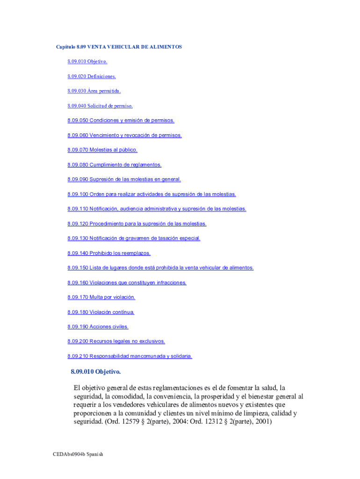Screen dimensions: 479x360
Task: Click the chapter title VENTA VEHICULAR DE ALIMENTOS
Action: pos(119,47)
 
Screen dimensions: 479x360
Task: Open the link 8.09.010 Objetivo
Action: pos(87,61)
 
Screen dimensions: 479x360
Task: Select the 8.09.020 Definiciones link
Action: pos(91,76)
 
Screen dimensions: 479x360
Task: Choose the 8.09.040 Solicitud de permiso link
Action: pos(100,106)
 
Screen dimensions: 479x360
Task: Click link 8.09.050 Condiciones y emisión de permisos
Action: pos(121,120)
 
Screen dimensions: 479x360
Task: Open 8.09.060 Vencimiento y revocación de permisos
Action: pos(124,135)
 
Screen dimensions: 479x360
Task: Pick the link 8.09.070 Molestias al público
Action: pos(102,150)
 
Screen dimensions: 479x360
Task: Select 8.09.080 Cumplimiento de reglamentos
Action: pos(114,165)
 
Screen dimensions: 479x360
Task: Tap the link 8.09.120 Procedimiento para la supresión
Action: pos(137,224)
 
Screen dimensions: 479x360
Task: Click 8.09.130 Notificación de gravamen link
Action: pos(134,238)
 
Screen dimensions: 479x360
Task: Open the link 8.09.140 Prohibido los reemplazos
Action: pos(109,253)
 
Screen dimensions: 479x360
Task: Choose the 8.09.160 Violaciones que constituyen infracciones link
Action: pos(127,283)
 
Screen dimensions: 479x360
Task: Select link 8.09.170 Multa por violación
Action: pos(101,297)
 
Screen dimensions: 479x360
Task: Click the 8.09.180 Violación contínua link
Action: pos(101,312)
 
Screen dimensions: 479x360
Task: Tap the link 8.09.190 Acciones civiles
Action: pos(98,327)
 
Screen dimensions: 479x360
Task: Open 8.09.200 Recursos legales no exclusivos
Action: pos(116,341)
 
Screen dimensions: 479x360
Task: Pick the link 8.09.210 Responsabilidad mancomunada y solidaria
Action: pos(130,356)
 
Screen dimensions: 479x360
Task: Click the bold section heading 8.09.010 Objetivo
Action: pos(96,372)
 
